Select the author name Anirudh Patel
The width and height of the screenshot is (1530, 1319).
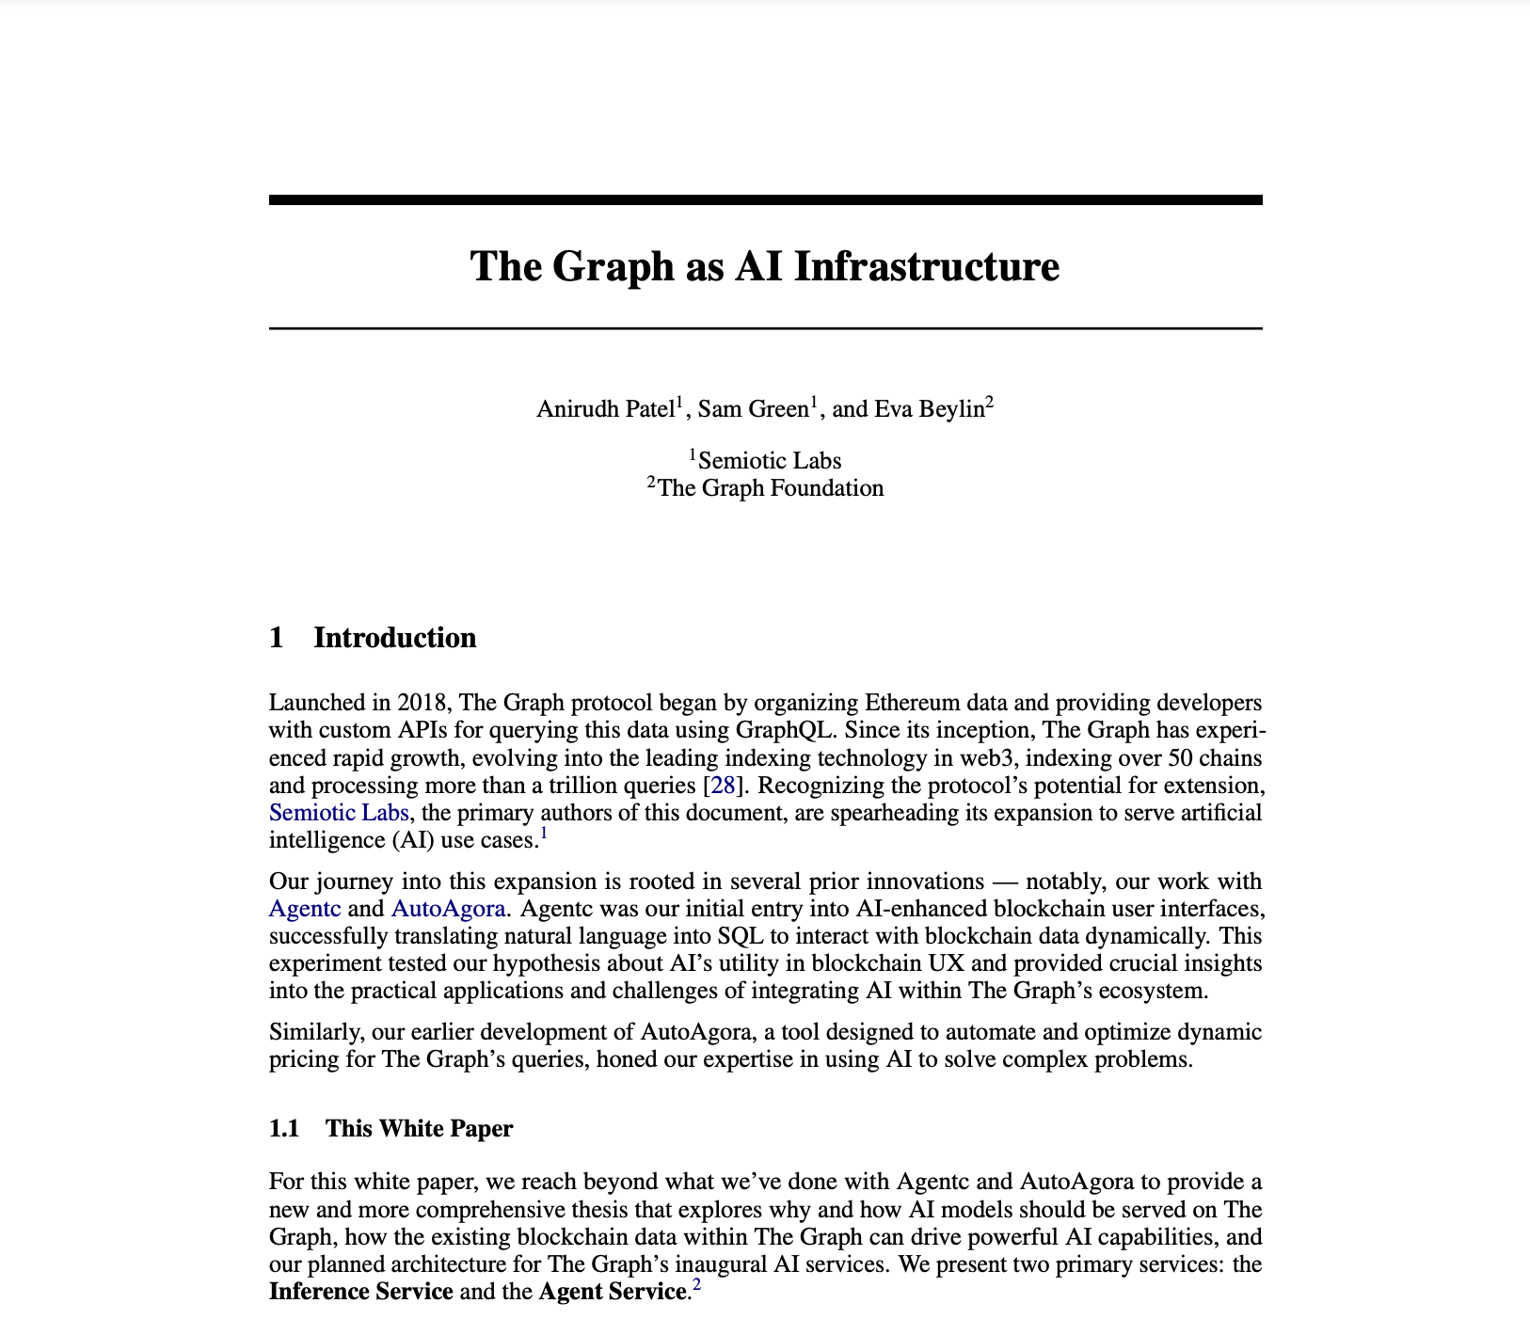click(605, 409)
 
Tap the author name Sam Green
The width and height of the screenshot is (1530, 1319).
click(753, 409)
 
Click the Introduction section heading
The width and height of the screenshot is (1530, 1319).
click(394, 638)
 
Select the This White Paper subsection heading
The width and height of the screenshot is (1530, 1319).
click(419, 1128)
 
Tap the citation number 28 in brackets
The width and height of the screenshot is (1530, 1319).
click(723, 785)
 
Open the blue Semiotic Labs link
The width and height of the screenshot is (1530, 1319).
click(339, 812)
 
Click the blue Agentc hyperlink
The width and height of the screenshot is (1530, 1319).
click(305, 909)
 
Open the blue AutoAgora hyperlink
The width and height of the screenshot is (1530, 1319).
click(448, 909)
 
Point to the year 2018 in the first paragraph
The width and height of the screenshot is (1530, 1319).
click(422, 703)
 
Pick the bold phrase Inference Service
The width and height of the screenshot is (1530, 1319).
click(361, 1292)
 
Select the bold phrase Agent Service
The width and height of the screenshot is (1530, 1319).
click(611, 1292)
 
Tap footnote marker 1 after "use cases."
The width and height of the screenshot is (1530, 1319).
click(544, 833)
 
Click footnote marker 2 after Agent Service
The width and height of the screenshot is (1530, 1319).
click(696, 1285)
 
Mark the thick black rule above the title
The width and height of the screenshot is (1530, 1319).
click(765, 199)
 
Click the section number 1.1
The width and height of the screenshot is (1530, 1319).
click(284, 1128)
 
